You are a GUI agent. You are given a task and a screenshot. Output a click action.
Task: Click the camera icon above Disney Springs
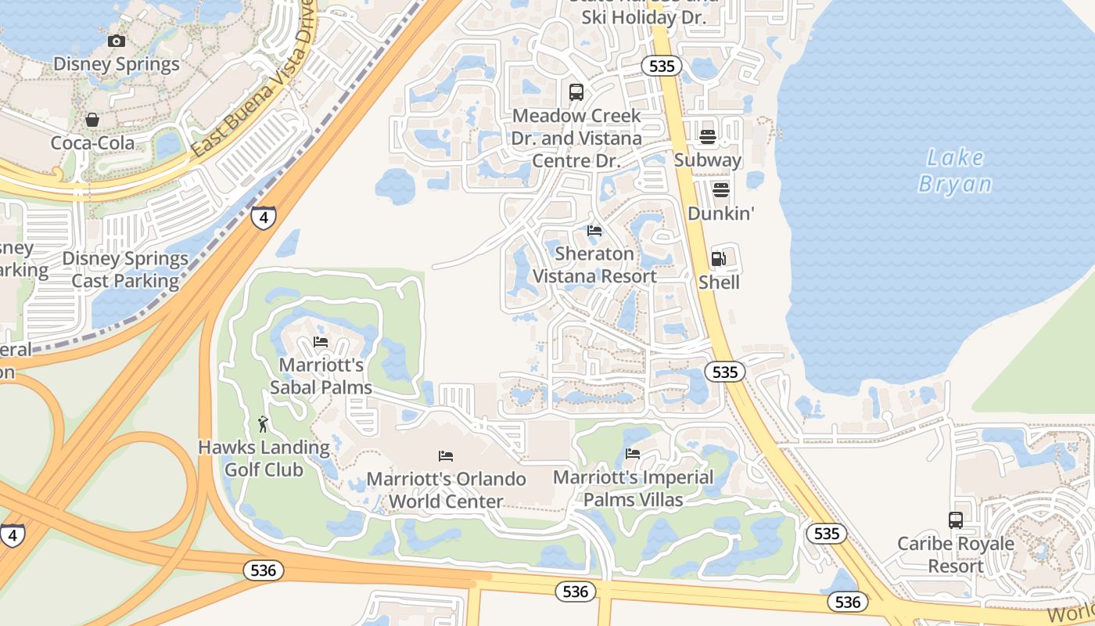coord(117,41)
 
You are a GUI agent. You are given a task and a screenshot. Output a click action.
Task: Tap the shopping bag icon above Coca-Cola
coord(92,120)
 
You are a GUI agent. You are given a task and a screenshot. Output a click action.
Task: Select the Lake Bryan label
coord(954,171)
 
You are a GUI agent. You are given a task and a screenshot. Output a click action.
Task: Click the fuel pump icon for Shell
coord(719,259)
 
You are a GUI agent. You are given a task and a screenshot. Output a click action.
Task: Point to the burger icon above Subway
coord(708,138)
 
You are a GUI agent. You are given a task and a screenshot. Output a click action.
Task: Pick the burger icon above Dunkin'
coord(720,190)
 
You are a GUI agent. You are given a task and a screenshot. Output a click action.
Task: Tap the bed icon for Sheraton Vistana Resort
coord(594,231)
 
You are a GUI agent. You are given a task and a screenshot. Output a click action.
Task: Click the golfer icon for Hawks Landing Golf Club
coord(264,425)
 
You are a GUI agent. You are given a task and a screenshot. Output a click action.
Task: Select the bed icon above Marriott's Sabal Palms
coord(321,342)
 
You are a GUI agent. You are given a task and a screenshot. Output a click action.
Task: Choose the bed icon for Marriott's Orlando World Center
coord(446,455)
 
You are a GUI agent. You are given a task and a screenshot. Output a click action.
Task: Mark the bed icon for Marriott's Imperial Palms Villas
coord(633,454)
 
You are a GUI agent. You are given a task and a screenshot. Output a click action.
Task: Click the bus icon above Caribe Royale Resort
coord(955,520)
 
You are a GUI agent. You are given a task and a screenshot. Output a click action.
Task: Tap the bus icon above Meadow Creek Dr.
coord(576,92)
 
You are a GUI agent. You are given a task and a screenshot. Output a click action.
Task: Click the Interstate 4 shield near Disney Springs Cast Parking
coord(264,217)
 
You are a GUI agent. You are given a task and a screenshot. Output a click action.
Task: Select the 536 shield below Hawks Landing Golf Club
coord(263,570)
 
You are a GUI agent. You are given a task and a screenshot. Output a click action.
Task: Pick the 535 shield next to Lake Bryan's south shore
coord(725,372)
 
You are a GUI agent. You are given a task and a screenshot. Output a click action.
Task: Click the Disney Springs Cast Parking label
coord(125,269)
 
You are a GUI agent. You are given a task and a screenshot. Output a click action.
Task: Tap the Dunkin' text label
coord(720,213)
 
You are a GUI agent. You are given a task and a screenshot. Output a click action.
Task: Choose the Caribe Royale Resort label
coord(955,554)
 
